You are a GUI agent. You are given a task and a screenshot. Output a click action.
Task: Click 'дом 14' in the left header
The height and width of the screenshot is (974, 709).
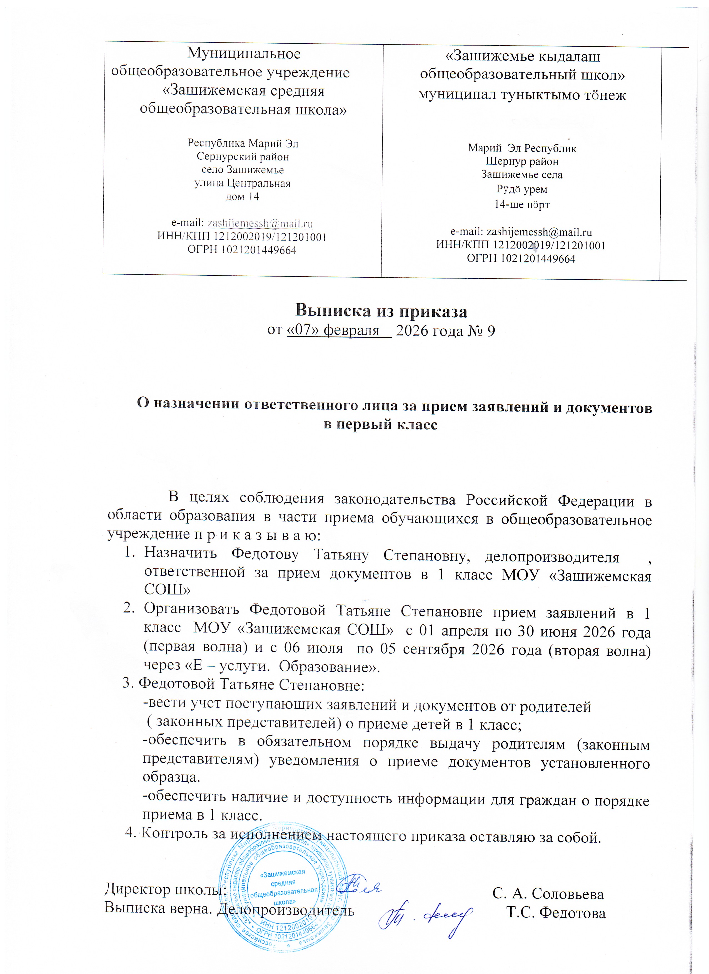point(242,197)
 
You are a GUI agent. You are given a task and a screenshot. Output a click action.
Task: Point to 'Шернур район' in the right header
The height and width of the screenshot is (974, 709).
point(522,162)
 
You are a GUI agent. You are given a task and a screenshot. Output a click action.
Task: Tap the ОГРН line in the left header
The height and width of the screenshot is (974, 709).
point(242,250)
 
